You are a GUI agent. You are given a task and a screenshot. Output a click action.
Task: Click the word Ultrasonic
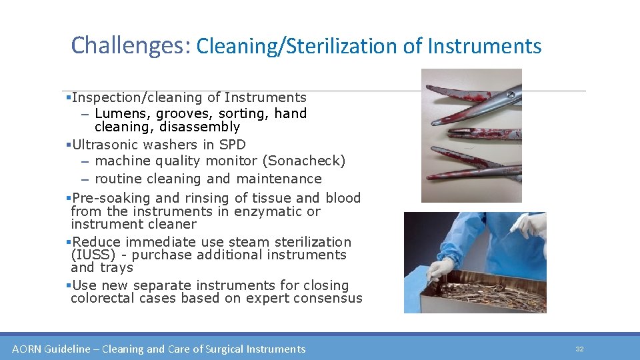coord(107,145)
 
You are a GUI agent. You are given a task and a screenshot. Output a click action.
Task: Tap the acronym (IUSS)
coord(91,255)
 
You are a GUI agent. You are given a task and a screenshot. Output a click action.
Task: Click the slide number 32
coord(579,349)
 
